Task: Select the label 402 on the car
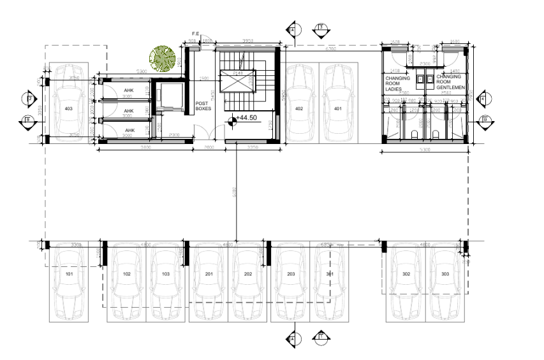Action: click(x=299, y=108)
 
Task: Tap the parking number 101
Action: click(x=68, y=273)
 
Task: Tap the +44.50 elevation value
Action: click(x=247, y=119)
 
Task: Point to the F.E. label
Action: click(x=197, y=33)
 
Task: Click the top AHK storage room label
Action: click(x=128, y=90)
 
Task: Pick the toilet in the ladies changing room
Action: click(x=415, y=134)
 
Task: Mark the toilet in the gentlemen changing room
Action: click(x=435, y=134)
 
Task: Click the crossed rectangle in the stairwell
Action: click(x=237, y=81)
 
